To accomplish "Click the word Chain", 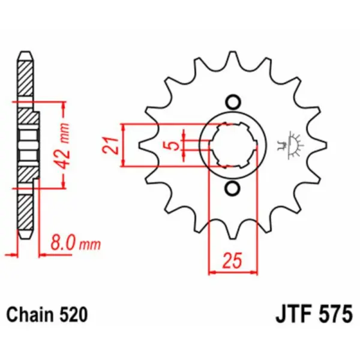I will click(x=28, y=314).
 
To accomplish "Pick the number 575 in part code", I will click(x=332, y=314).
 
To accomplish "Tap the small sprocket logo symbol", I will click(x=292, y=144).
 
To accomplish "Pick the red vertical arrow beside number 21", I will click(x=123, y=145).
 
